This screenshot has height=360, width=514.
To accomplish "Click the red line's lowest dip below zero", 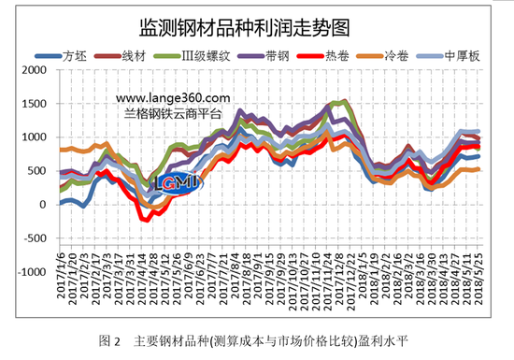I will pyautogui.click(x=145, y=220).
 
